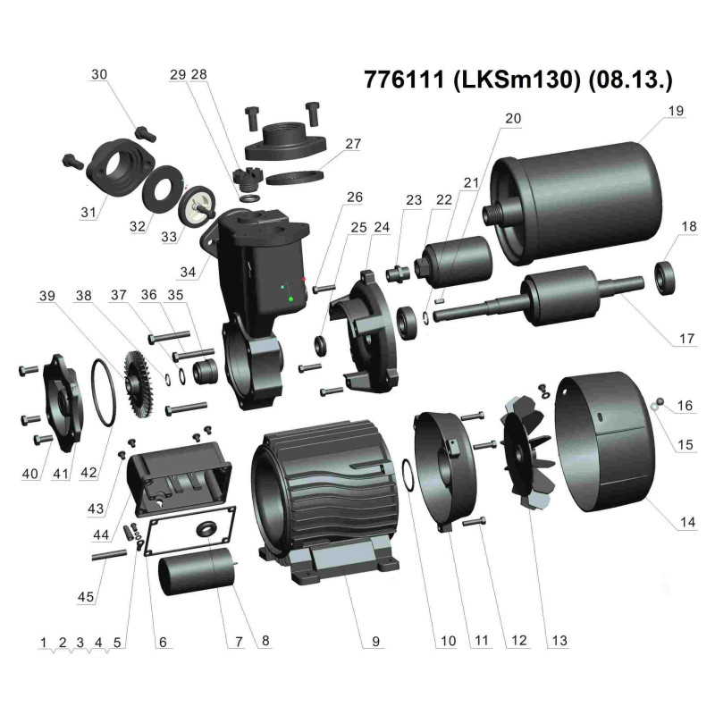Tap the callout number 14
(685, 524)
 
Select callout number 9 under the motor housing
(375, 641)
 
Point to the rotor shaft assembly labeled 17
(554, 295)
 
